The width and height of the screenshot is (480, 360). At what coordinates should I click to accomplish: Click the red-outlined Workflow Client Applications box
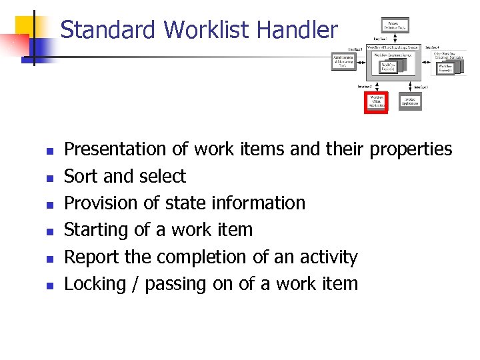point(377,102)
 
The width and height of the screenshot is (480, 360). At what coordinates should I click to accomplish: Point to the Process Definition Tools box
point(395,26)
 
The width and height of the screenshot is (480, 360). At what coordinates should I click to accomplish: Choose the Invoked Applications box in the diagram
point(410,101)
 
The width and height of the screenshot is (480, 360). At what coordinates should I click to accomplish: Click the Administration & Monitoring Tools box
point(343,61)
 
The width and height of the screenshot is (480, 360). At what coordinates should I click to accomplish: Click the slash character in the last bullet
point(136,284)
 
